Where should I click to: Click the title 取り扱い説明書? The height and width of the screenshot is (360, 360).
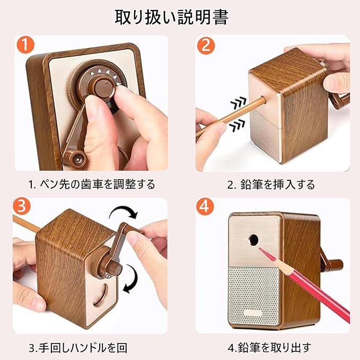(171, 17)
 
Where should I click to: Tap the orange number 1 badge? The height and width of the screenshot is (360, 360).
(25, 45)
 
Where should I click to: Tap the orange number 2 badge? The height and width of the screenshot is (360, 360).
(206, 46)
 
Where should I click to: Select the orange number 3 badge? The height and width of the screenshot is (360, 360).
(22, 206)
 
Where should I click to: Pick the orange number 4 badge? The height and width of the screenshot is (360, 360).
(205, 206)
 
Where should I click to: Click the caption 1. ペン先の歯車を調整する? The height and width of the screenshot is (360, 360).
(92, 185)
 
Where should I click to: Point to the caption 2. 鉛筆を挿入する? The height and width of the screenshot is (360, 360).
(271, 185)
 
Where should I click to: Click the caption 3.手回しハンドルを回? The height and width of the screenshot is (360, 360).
(78, 348)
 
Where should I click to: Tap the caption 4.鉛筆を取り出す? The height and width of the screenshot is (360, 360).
(269, 348)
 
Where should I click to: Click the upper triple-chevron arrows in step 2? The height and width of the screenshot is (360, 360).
(239, 102)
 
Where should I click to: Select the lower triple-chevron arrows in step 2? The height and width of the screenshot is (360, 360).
(237, 125)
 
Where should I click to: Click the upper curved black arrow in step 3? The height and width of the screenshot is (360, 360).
(124, 212)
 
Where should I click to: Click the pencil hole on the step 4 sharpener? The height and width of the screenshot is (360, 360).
(254, 240)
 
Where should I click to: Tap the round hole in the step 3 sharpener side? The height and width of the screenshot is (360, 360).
(102, 295)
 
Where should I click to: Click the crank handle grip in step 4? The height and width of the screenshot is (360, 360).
(336, 264)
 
